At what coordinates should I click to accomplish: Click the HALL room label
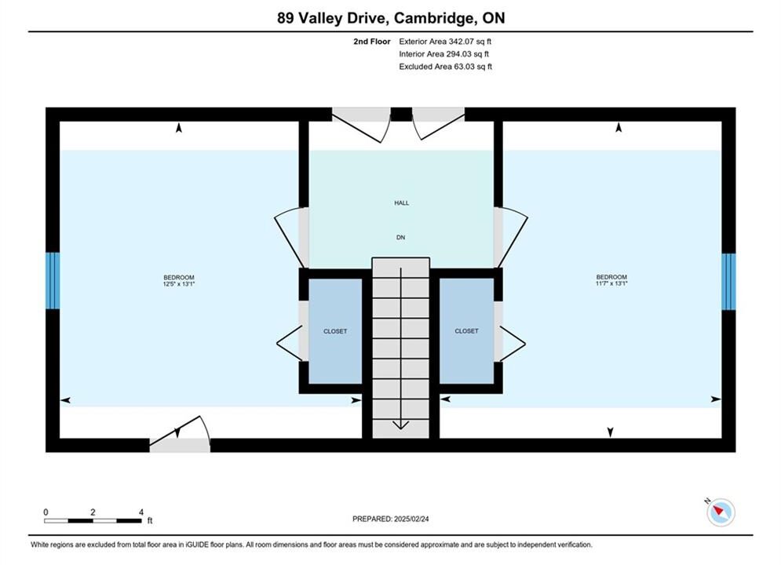(401, 203)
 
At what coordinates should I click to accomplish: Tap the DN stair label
(400, 238)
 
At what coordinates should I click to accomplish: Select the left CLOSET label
(335, 331)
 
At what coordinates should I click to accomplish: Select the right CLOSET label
(466, 330)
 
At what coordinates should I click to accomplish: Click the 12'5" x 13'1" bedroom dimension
(179, 284)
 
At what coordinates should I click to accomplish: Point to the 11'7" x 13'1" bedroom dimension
(611, 283)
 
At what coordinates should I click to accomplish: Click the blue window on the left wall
(53, 280)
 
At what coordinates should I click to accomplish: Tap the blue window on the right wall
(728, 281)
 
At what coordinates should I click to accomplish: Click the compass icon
(721, 512)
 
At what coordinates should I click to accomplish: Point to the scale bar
(93, 521)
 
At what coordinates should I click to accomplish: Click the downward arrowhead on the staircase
(401, 425)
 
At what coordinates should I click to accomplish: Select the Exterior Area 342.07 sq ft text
(445, 42)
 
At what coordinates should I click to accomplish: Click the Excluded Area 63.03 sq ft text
(445, 67)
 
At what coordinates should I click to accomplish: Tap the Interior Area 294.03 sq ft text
(443, 54)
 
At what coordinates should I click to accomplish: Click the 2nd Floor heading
(371, 42)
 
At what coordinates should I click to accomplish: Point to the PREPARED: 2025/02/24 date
(391, 519)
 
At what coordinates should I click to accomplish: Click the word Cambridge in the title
(432, 18)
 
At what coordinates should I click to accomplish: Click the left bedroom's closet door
(290, 344)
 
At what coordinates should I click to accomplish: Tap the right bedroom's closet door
(513, 344)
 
